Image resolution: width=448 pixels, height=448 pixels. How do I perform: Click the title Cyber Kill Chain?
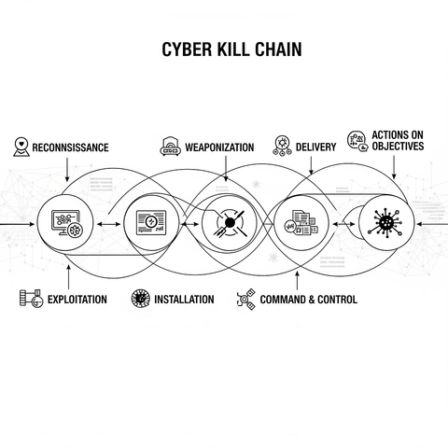(231, 49)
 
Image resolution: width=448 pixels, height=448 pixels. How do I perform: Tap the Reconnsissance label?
(70, 147)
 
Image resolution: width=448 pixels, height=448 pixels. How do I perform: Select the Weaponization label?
(219, 147)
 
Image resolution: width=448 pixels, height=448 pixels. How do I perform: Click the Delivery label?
(315, 147)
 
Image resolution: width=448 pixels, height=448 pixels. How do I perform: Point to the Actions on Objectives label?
(398, 141)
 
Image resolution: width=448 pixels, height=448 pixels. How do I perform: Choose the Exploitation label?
(77, 300)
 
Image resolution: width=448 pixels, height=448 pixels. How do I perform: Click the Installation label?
(184, 300)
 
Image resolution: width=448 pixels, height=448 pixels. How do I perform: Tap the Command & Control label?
(309, 300)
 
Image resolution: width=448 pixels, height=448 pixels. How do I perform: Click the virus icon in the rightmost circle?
(385, 223)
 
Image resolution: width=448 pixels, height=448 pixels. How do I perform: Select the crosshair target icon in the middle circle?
(230, 222)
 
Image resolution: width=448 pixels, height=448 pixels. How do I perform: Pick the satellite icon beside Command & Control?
(246, 300)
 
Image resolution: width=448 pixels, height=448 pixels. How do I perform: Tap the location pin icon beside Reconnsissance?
(21, 147)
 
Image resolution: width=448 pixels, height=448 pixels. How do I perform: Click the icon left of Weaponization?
(170, 146)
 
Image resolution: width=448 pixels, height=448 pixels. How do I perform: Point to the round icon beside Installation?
(140, 299)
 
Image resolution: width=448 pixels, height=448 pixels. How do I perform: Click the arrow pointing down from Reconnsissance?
(67, 170)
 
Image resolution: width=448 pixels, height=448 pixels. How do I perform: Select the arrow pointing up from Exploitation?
(68, 276)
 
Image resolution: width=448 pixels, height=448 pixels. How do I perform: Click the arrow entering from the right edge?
(432, 224)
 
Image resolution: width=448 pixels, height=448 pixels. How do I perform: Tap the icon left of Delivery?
(282, 146)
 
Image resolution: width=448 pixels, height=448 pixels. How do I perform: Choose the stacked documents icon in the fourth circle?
(301, 222)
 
